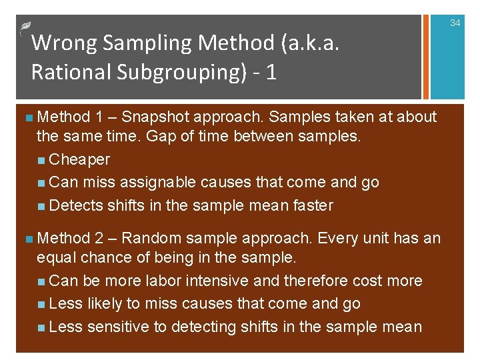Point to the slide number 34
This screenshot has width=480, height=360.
455,23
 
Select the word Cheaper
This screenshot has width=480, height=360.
79,160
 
